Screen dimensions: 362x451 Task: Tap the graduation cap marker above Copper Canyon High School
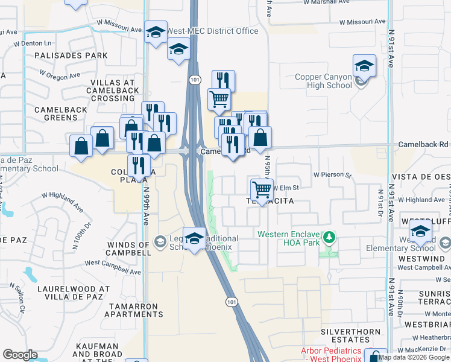click(364, 66)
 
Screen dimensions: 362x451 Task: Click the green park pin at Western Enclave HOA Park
click(329, 238)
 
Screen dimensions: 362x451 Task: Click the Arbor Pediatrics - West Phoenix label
click(332, 355)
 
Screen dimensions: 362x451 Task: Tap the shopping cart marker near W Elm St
click(262, 189)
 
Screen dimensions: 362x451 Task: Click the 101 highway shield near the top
click(194, 80)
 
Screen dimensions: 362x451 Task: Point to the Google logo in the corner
click(20, 355)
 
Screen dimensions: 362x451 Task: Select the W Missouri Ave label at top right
click(362, 21)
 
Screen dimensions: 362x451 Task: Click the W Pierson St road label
click(332, 175)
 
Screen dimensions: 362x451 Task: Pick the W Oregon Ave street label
click(60, 75)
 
